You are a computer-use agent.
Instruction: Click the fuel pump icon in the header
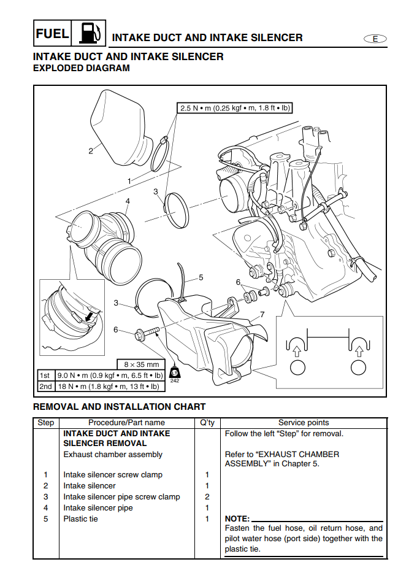(88, 33)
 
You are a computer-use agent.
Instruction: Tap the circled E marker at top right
(375, 38)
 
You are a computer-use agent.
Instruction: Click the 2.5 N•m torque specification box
(234, 108)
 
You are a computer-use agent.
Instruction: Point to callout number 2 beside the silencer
(90, 151)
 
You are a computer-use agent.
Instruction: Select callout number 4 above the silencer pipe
(128, 201)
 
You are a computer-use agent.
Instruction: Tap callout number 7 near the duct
(262, 315)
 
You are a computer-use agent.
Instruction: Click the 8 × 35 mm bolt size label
(141, 364)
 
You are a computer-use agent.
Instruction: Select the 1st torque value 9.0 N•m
(109, 375)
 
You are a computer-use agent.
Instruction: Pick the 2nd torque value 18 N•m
(107, 387)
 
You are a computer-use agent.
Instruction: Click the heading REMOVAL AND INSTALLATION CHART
(119, 406)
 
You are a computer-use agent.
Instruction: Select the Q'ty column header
(207, 423)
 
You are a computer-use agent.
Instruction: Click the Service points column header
(303, 423)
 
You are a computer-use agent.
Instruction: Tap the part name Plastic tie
(80, 519)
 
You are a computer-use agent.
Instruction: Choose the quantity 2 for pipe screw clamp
(207, 497)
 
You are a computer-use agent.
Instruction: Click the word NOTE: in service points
(237, 519)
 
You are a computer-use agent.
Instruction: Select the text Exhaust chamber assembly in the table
(113, 455)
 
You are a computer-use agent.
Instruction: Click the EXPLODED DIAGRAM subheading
(81, 68)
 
